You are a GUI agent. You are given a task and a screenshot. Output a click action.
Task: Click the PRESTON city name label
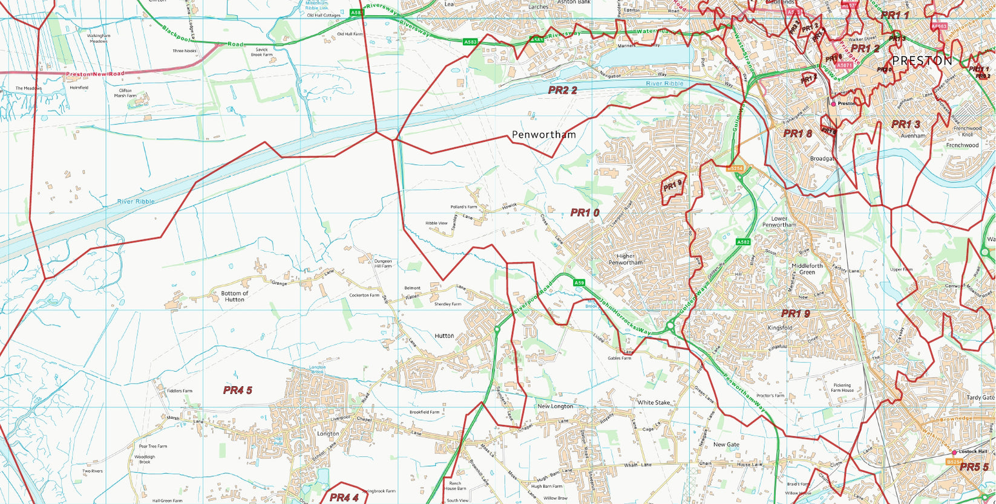click(x=922, y=61)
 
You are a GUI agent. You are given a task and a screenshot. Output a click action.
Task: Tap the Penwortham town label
click(x=543, y=135)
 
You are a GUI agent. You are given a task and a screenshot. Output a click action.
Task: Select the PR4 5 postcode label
click(x=237, y=390)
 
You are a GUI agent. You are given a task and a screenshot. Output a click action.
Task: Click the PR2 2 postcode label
click(x=562, y=90)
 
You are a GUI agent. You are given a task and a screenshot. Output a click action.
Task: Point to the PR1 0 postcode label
click(x=585, y=213)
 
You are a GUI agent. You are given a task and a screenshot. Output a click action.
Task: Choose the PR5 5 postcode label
click(x=974, y=467)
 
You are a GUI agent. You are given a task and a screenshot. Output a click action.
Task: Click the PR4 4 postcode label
click(x=344, y=497)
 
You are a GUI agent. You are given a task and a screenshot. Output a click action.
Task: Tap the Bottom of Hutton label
click(x=235, y=296)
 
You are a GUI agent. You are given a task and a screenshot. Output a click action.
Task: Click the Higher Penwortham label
click(x=626, y=259)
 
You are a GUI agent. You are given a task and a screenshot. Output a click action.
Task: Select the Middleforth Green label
click(x=807, y=269)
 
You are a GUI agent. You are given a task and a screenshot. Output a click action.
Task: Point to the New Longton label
click(x=555, y=406)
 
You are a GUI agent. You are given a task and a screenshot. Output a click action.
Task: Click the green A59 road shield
click(x=579, y=283)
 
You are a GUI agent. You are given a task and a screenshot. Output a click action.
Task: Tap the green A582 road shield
click(x=743, y=242)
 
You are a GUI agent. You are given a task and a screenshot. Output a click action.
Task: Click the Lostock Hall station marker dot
click(x=954, y=452)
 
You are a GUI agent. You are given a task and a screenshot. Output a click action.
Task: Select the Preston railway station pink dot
click(x=833, y=104)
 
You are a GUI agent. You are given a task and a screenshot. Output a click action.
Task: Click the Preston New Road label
click(x=94, y=74)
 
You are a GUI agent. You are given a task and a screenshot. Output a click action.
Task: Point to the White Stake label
click(x=654, y=402)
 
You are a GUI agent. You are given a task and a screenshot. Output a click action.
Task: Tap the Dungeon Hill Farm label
click(x=382, y=263)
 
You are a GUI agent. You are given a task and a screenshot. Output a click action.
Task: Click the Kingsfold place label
click(x=779, y=328)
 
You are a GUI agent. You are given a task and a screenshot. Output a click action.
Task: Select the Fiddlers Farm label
click(x=179, y=391)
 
